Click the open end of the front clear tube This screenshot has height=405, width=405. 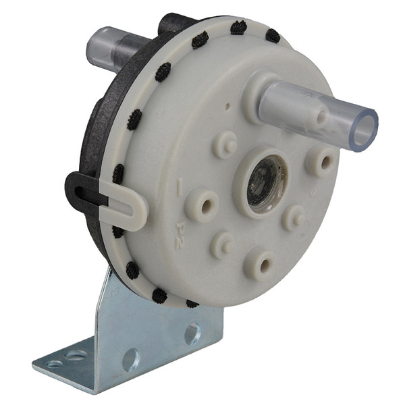364,130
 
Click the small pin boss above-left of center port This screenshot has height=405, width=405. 224,144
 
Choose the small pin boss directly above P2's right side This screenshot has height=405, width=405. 220,245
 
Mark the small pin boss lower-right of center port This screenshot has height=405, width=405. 294,217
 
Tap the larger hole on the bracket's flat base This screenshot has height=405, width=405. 76,354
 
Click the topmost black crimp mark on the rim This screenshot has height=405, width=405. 238,28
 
